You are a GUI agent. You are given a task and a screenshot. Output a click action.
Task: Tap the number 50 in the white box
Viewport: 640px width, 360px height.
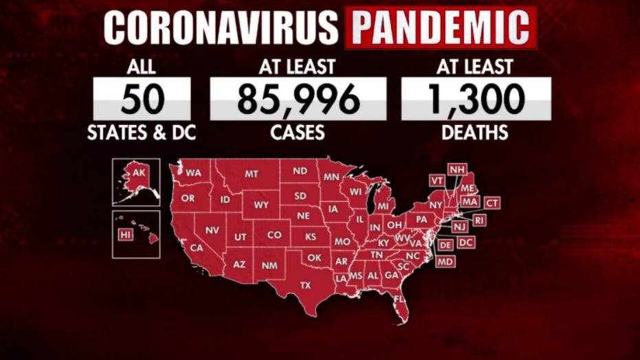[142, 99]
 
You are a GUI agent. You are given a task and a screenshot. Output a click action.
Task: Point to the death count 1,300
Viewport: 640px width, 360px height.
[476, 99]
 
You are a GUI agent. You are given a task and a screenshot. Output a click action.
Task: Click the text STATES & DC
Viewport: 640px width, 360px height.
[142, 132]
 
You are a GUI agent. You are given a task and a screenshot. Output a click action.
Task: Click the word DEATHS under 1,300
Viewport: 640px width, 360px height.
[476, 132]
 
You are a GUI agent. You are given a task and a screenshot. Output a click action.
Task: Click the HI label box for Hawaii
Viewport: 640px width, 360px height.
[125, 235]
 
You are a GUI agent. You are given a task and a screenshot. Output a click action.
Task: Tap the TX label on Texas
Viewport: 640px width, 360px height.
[306, 284]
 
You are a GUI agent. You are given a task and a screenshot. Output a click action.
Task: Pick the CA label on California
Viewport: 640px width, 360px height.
[197, 247]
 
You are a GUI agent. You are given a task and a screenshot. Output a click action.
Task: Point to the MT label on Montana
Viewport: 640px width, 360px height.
[252, 175]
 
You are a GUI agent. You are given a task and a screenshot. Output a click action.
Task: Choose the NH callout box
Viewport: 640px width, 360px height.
[456, 169]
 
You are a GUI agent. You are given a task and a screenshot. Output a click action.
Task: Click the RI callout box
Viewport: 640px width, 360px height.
[479, 220]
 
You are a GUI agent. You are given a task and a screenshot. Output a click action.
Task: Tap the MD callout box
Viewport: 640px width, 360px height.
[445, 262]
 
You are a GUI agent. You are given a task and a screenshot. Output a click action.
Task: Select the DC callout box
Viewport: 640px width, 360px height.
[465, 243]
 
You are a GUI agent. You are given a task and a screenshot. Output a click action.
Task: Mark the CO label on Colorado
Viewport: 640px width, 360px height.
[274, 235]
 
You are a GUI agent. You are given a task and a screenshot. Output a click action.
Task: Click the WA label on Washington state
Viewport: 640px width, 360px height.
[193, 173]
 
